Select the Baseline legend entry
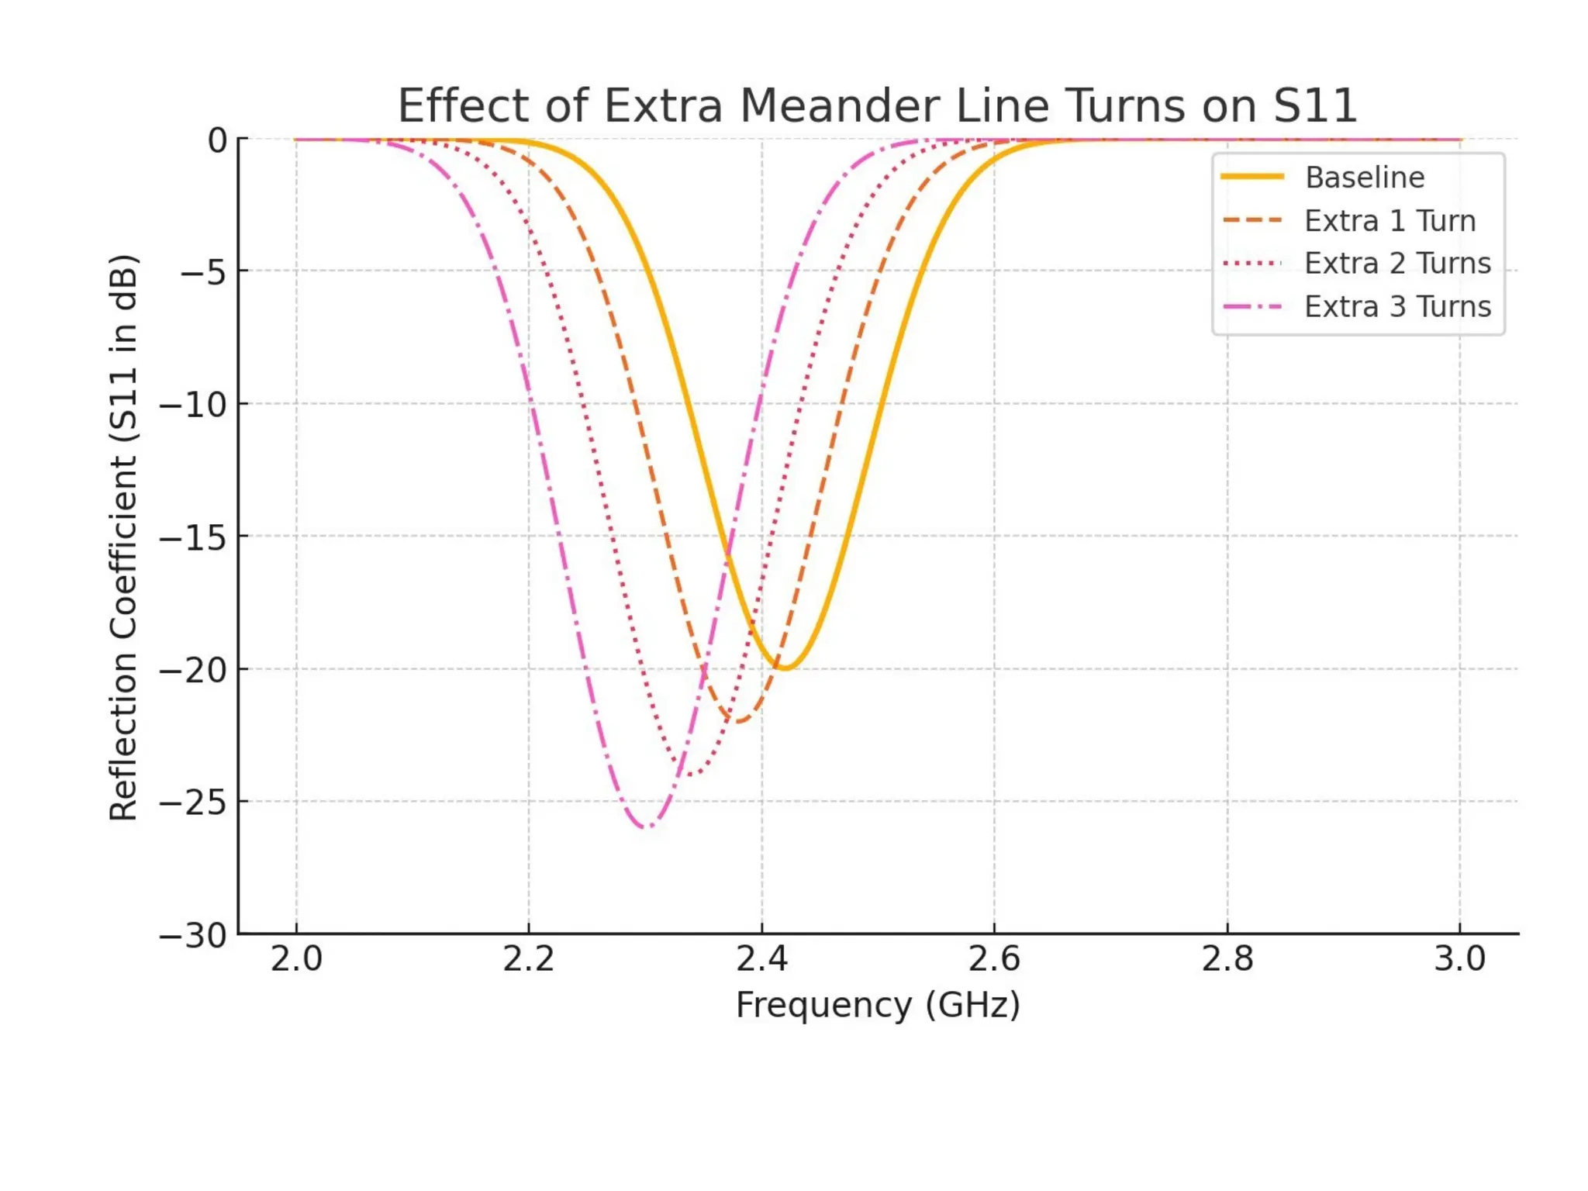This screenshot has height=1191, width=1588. pos(1364,178)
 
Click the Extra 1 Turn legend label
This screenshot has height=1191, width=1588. pos(1389,221)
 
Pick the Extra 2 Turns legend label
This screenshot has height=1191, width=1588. pos(1397,264)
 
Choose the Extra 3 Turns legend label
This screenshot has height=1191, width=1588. pos(1397,307)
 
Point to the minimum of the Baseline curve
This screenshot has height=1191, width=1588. pos(785,668)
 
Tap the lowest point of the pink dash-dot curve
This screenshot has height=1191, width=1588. pos(646,827)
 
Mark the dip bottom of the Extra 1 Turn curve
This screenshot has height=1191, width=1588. pos(739,721)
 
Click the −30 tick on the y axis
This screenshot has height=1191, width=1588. pos(194,936)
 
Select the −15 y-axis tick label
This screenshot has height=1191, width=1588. pos(194,537)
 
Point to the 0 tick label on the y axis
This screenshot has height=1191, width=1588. pos(217,140)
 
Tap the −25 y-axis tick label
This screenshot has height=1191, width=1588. pos(194,803)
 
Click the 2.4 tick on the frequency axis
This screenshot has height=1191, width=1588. pos(761,960)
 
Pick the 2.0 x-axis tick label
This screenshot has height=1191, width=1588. pos(296,960)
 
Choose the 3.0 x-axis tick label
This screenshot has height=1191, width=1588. pos(1460,960)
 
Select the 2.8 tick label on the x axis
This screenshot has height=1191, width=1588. pos(1227,960)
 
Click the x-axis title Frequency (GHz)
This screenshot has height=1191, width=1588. pos(878,1005)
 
